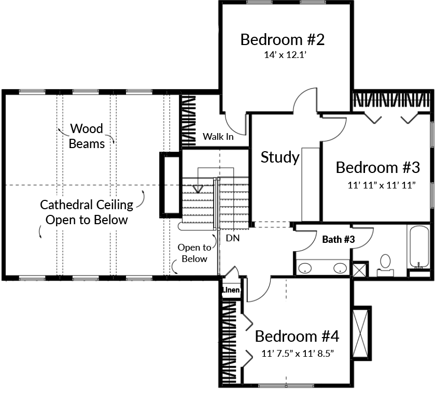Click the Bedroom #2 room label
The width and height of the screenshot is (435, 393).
click(283, 39)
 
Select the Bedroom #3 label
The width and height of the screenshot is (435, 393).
click(377, 167)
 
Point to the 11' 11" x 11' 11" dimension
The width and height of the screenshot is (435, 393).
click(382, 184)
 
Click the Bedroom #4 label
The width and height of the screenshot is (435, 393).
click(297, 337)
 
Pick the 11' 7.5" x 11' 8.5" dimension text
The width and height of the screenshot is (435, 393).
click(297, 354)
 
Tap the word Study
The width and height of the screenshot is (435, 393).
click(280, 157)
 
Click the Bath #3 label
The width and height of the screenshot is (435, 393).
click(339, 239)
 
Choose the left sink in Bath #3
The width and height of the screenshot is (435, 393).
click(306, 268)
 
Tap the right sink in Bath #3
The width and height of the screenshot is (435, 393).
click(340, 268)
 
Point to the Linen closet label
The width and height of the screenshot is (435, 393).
click(231, 290)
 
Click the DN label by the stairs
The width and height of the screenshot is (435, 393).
click(232, 238)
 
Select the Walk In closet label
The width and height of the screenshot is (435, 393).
click(218, 137)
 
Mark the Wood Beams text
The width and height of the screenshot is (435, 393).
click(87, 136)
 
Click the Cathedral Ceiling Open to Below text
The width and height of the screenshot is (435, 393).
click(87, 212)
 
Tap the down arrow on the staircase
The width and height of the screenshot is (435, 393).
click(197, 188)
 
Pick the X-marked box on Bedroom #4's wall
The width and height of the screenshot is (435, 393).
click(361, 331)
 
